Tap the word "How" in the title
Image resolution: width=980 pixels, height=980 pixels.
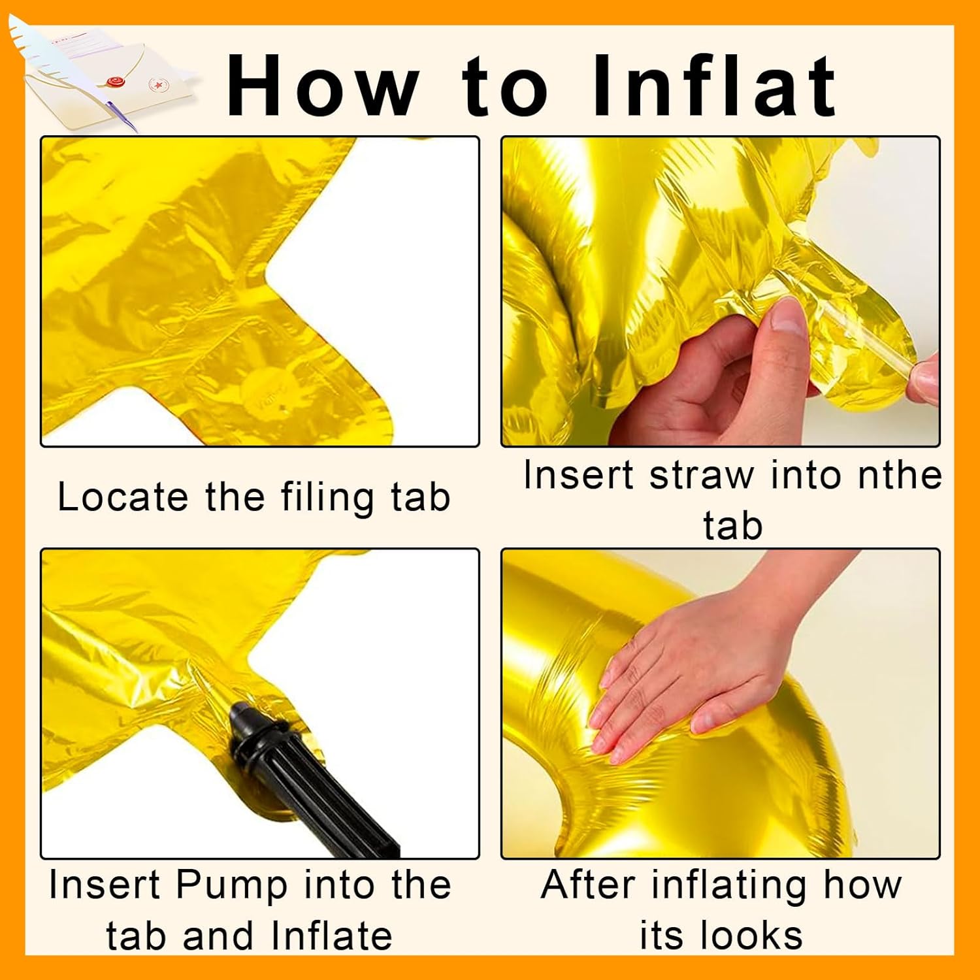[322, 85]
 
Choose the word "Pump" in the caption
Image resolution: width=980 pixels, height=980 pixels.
[232, 886]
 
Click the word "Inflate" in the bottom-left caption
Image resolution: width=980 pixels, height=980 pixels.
[331, 936]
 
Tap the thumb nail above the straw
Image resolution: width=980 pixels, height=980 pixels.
[788, 318]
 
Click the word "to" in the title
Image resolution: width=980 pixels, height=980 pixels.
[504, 85]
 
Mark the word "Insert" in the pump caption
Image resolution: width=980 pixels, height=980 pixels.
[105, 886]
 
